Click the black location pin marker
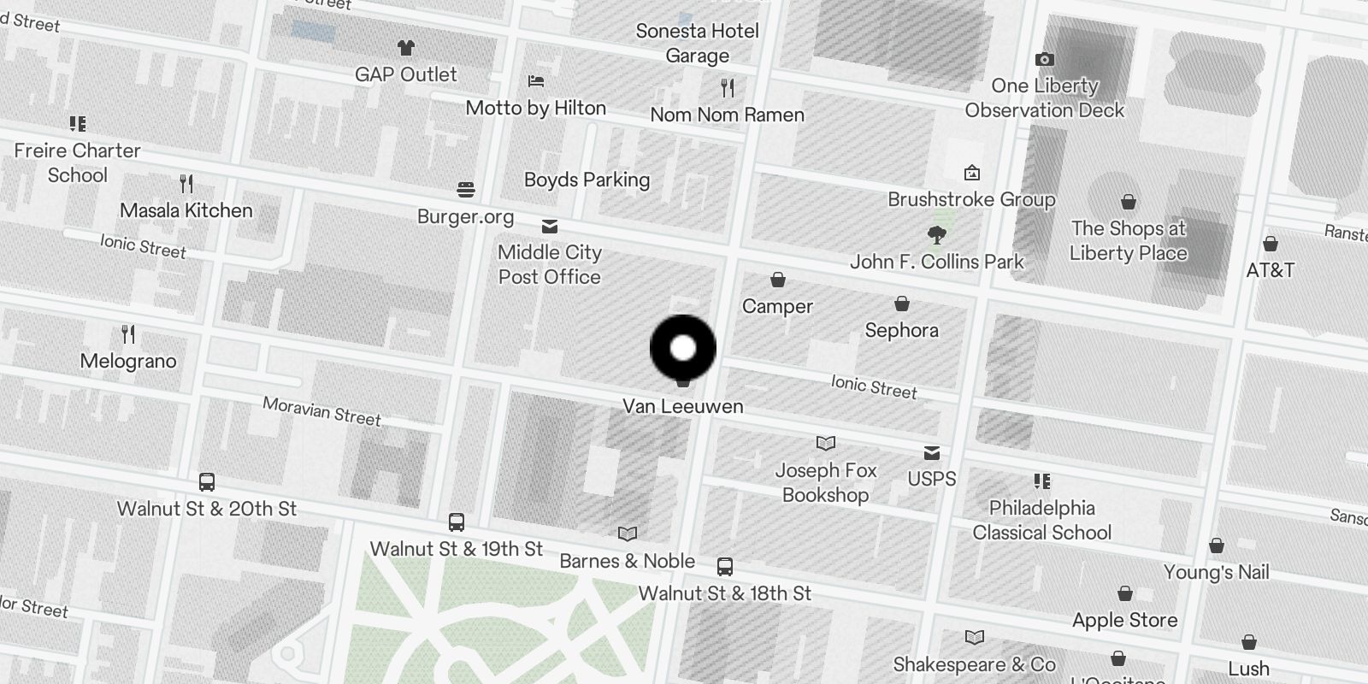coord(682,348)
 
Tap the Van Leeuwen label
coord(682,406)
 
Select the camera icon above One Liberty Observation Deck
coord(1044,59)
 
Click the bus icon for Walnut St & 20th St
coord(207,481)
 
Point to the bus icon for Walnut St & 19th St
coord(457,522)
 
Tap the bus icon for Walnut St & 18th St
coord(724,566)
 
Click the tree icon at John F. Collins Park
coord(937,234)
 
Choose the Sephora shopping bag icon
coord(901,304)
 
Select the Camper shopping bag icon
coord(777,280)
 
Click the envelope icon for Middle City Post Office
coord(550,227)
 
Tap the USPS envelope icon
coord(932,452)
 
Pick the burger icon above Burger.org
coord(466,189)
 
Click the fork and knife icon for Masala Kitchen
coord(186,183)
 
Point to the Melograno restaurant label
coord(128,361)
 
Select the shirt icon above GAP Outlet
coord(405,47)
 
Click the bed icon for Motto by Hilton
coord(536,81)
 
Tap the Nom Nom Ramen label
coord(727,115)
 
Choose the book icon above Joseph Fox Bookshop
coord(825,443)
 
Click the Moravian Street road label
coord(321,411)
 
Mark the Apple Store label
coord(1124,620)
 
